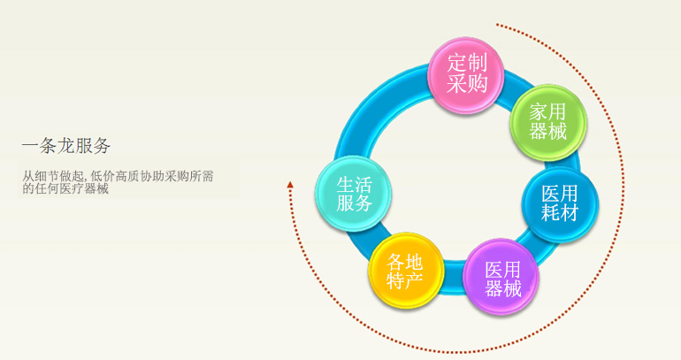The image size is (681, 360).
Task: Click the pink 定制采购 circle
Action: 466,74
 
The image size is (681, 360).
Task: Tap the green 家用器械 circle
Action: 548,122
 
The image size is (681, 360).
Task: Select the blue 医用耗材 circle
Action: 560,204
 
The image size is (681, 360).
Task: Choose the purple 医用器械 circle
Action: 501,276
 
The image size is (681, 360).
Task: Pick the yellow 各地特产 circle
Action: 406,270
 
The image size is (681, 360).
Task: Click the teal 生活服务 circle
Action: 353,194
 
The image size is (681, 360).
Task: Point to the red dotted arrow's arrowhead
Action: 290,185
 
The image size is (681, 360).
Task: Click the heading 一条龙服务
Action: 66,145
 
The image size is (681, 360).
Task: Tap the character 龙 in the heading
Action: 66,145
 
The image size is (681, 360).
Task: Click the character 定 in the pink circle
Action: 457,63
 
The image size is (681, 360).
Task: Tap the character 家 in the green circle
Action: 538,112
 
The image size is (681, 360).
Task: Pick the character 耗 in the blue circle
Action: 550,213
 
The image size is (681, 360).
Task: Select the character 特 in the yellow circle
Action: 395,280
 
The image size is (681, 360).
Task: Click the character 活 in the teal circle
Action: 363,184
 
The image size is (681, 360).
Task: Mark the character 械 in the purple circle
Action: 512,288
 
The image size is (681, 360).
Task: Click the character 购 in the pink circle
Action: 478,84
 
